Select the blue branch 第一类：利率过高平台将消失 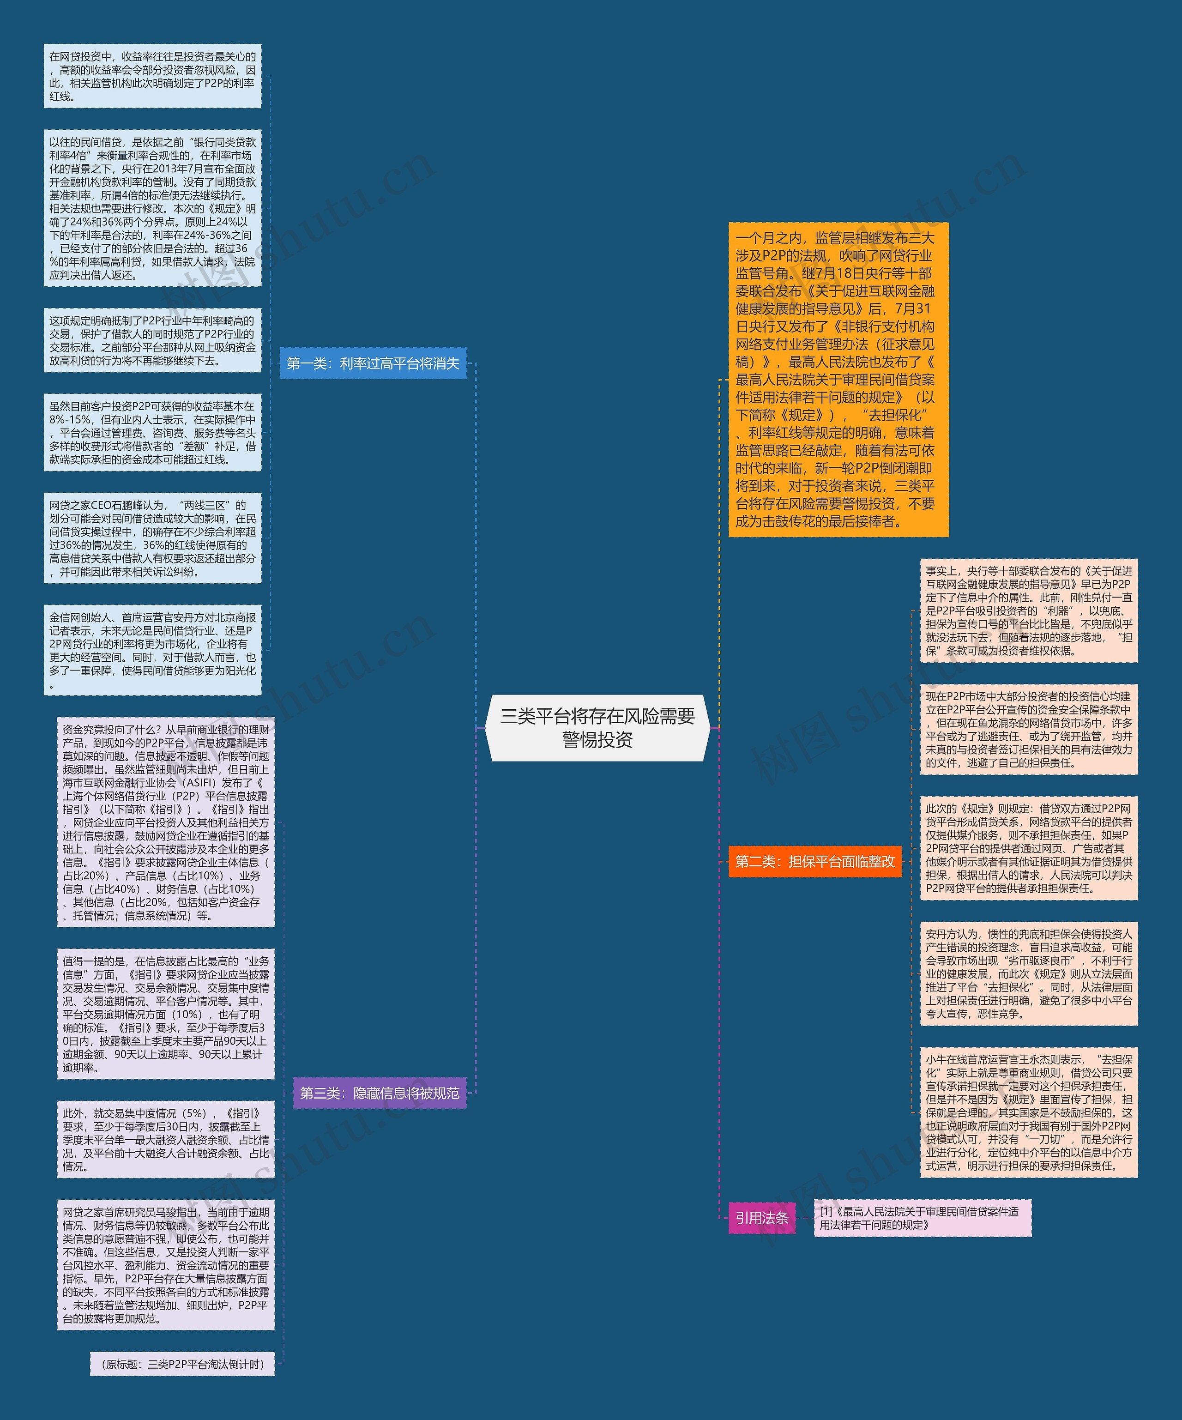(373, 363)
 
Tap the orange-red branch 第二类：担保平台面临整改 (815, 861)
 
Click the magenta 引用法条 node (762, 1218)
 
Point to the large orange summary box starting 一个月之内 (838, 379)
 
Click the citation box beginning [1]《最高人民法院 (923, 1218)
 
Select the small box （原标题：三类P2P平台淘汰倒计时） (182, 1364)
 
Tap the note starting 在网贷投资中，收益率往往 (153, 76)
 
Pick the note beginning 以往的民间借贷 (153, 208)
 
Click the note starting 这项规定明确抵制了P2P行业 (153, 341)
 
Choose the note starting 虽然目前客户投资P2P (153, 433)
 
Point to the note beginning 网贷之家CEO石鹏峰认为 (153, 538)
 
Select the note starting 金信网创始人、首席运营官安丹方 (153, 650)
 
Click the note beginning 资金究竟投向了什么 (166, 822)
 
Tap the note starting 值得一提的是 (166, 1014)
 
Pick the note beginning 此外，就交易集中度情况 (166, 1139)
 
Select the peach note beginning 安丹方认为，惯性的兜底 (1029, 974)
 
